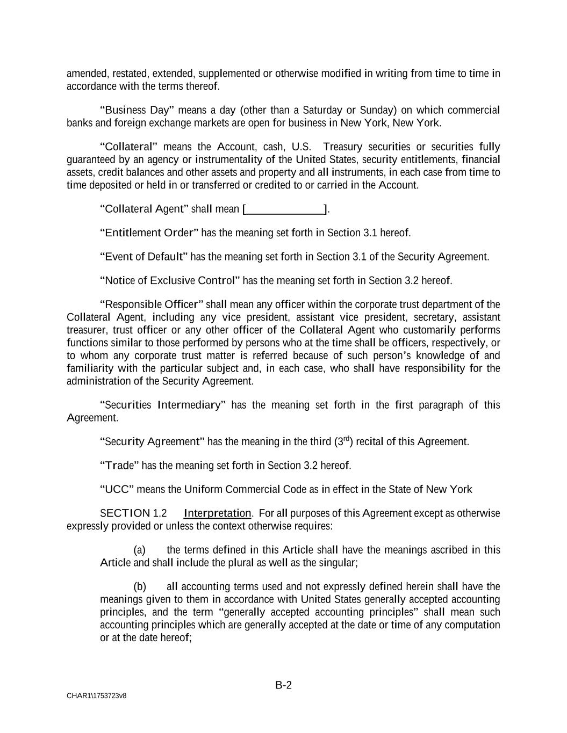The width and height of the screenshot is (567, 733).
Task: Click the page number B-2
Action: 283,685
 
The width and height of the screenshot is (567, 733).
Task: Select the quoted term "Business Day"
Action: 137,110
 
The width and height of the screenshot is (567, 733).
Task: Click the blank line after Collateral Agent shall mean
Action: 285,209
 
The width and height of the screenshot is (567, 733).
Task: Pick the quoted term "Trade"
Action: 120,465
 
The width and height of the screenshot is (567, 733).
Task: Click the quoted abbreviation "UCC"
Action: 117,489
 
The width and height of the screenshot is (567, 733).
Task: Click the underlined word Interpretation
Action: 217,513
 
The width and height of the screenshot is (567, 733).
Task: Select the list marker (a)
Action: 139,550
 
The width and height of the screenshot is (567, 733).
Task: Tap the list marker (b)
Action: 139,586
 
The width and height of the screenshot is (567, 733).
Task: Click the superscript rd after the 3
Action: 347,439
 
